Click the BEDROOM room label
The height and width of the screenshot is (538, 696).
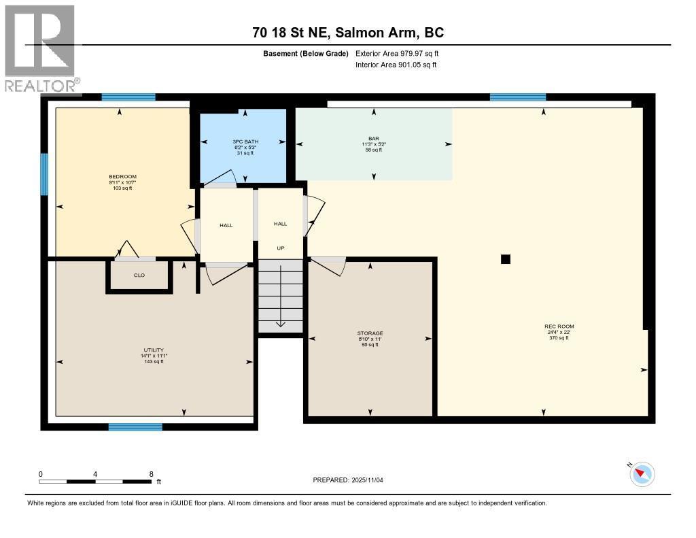122,177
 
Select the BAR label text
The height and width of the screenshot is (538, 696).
373,138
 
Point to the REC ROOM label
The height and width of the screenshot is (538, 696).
559,326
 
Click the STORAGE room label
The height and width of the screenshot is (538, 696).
370,333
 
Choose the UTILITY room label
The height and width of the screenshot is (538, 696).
154,350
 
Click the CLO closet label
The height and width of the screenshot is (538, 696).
139,275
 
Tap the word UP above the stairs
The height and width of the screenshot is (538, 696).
280,249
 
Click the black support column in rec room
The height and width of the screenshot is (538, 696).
505,258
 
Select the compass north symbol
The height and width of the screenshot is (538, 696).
641,474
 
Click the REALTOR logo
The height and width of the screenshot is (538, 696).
40,48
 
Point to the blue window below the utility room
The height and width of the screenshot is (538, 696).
135,427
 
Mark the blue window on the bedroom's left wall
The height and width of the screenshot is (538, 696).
44,174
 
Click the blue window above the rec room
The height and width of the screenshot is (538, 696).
517,97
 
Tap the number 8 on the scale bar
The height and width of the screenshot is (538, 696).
151,474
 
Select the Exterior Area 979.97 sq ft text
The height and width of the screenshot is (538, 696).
402,54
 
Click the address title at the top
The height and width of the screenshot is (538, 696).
347,33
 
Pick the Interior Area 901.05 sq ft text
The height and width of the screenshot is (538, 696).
396,65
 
